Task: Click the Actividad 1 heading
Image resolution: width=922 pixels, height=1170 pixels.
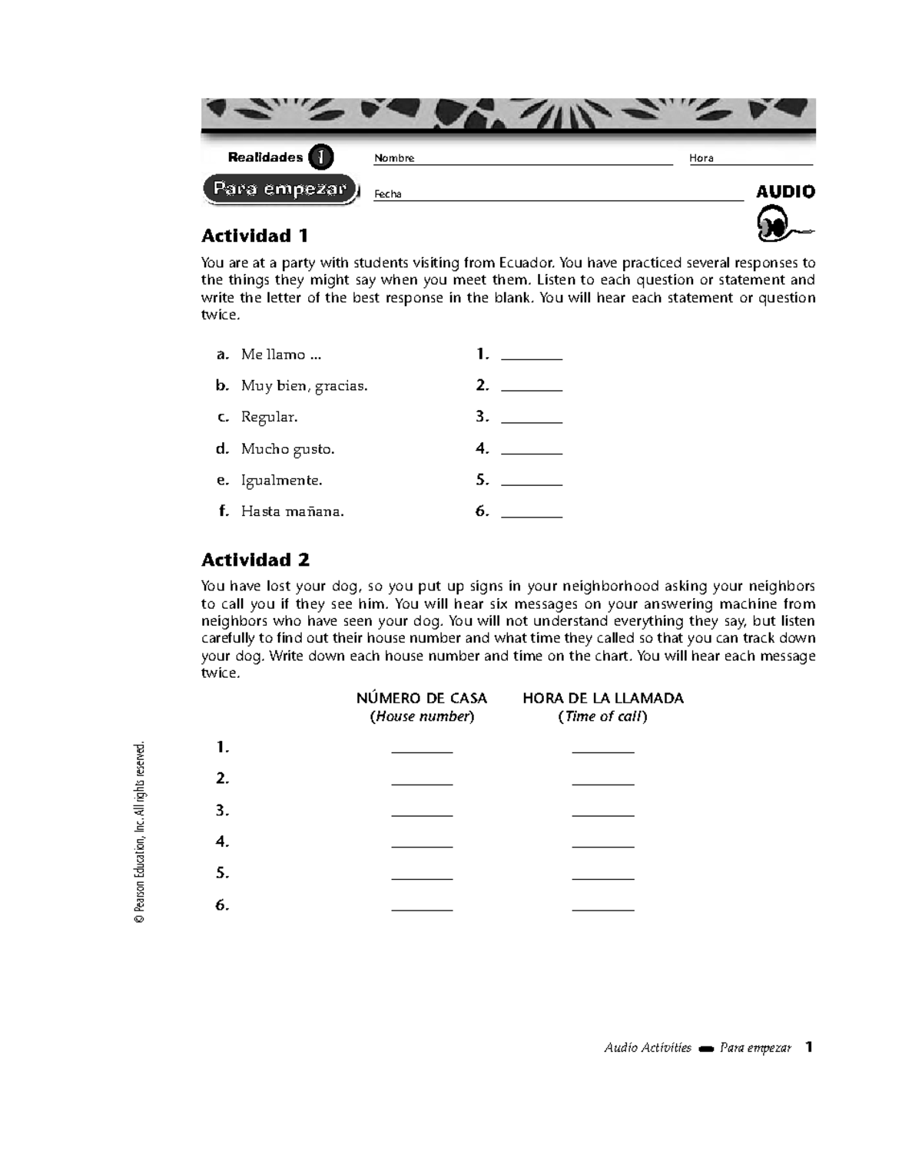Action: [254, 236]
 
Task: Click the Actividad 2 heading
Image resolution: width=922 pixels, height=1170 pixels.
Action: [255, 560]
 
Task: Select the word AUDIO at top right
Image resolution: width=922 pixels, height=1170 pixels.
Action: [785, 192]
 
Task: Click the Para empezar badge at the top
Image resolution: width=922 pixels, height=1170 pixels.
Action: [280, 190]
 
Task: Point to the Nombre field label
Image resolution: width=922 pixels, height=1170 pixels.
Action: [394, 158]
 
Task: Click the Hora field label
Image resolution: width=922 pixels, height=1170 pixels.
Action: [701, 158]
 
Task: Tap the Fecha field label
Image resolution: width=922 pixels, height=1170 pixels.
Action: [387, 194]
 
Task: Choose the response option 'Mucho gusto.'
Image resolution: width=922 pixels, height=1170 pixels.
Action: [287, 449]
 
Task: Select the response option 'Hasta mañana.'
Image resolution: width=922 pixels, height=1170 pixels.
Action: [292, 511]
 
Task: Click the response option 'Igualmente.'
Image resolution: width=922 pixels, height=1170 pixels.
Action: [281, 481]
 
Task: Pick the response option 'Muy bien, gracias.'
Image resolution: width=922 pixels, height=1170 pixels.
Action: [304, 386]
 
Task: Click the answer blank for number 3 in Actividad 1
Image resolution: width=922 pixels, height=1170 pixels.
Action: [532, 418]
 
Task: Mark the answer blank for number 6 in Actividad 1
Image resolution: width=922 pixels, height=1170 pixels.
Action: [532, 513]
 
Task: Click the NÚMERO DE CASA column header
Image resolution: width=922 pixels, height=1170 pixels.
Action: [421, 699]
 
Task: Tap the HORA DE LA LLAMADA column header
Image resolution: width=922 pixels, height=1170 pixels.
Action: [602, 699]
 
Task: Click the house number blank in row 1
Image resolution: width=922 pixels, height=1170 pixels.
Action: [422, 749]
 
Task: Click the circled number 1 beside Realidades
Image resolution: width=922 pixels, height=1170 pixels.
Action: [320, 157]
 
